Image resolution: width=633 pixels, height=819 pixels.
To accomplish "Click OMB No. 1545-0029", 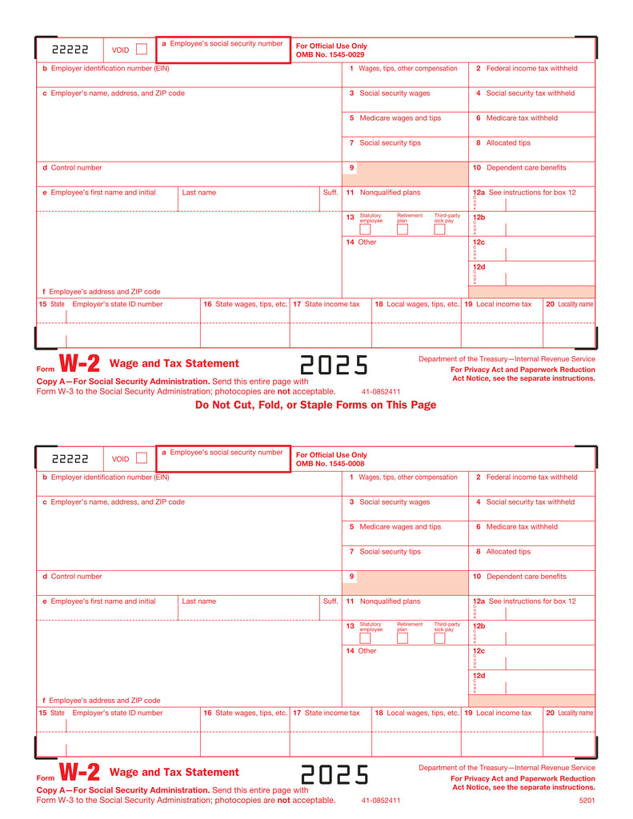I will pos(330,54).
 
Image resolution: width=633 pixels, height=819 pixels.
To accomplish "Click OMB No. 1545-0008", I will pos(330,463).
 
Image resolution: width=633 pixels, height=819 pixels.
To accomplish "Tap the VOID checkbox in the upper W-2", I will pos(142,50).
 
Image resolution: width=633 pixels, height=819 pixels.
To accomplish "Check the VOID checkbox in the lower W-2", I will pos(142,458).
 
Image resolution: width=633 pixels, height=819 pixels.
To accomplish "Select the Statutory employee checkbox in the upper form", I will pos(365,230).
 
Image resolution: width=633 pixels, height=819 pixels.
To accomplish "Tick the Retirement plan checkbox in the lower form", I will pos(403,638).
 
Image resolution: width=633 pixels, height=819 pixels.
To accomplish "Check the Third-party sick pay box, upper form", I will pos(439,230).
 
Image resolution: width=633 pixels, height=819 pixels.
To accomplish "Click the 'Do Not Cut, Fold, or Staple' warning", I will pos(315,405).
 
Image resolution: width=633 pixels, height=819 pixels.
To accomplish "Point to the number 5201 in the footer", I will pos(587,800).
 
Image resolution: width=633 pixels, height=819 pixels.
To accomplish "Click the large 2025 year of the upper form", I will pos(334,365).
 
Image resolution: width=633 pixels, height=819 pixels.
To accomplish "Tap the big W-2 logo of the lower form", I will pos(80,773).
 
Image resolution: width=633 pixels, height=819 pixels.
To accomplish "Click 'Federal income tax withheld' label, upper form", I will pos(531,69).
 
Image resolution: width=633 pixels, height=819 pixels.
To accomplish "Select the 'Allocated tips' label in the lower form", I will pos(508,552).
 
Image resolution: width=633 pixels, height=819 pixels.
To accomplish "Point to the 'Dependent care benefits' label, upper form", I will pos(526,168).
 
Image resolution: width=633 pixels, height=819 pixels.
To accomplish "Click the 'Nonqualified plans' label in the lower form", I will pos(390,601).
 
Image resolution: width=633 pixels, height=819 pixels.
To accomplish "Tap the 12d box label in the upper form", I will pos(479,267).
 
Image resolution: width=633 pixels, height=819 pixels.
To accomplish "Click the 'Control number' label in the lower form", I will pos(76,577).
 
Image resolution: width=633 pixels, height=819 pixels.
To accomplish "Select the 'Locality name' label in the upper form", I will pos(575,304).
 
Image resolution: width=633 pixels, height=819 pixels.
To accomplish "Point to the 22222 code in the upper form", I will pos(70,50).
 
